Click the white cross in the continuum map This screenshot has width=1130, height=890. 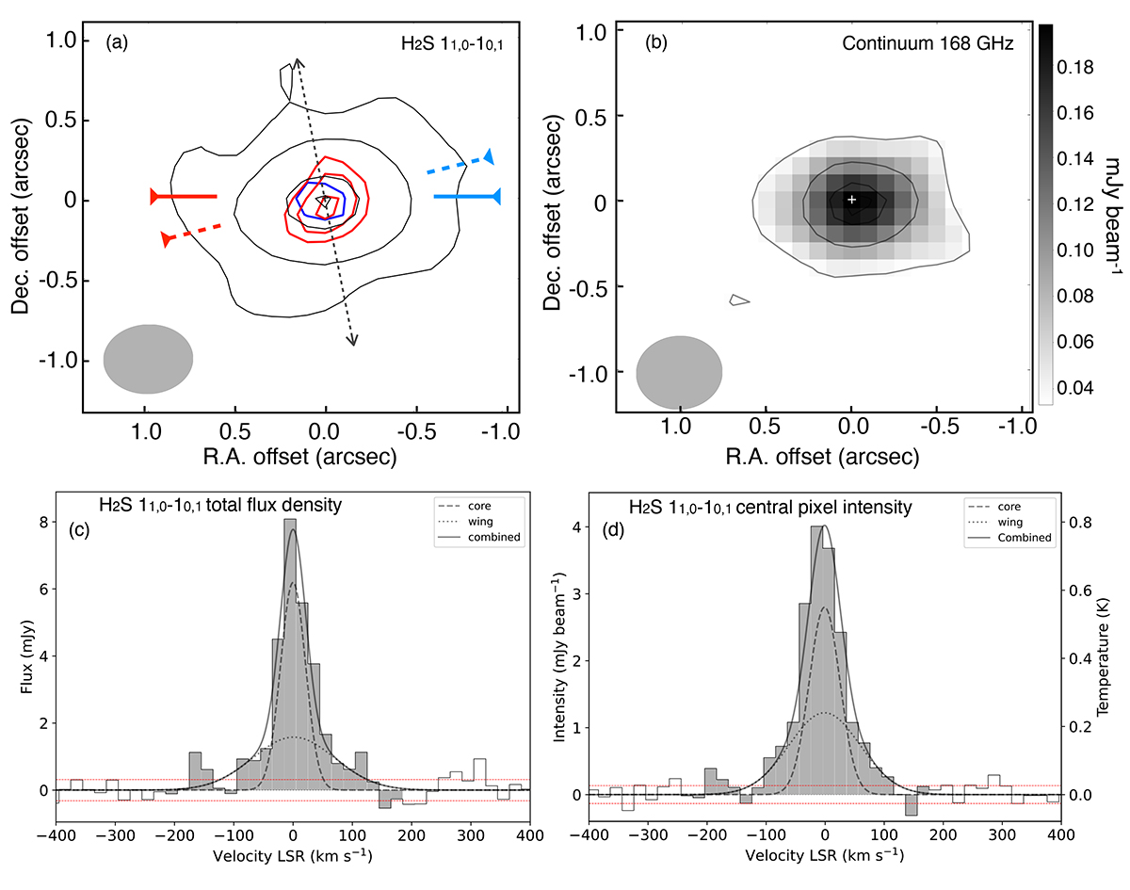tap(851, 200)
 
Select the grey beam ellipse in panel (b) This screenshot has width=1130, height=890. tap(679, 372)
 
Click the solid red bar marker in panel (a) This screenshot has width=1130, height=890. tap(184, 197)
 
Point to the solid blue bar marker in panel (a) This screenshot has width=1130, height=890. tap(467, 197)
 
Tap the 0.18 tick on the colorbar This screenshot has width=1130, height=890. tap(1075, 68)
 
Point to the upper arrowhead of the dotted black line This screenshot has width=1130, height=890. tap(298, 62)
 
